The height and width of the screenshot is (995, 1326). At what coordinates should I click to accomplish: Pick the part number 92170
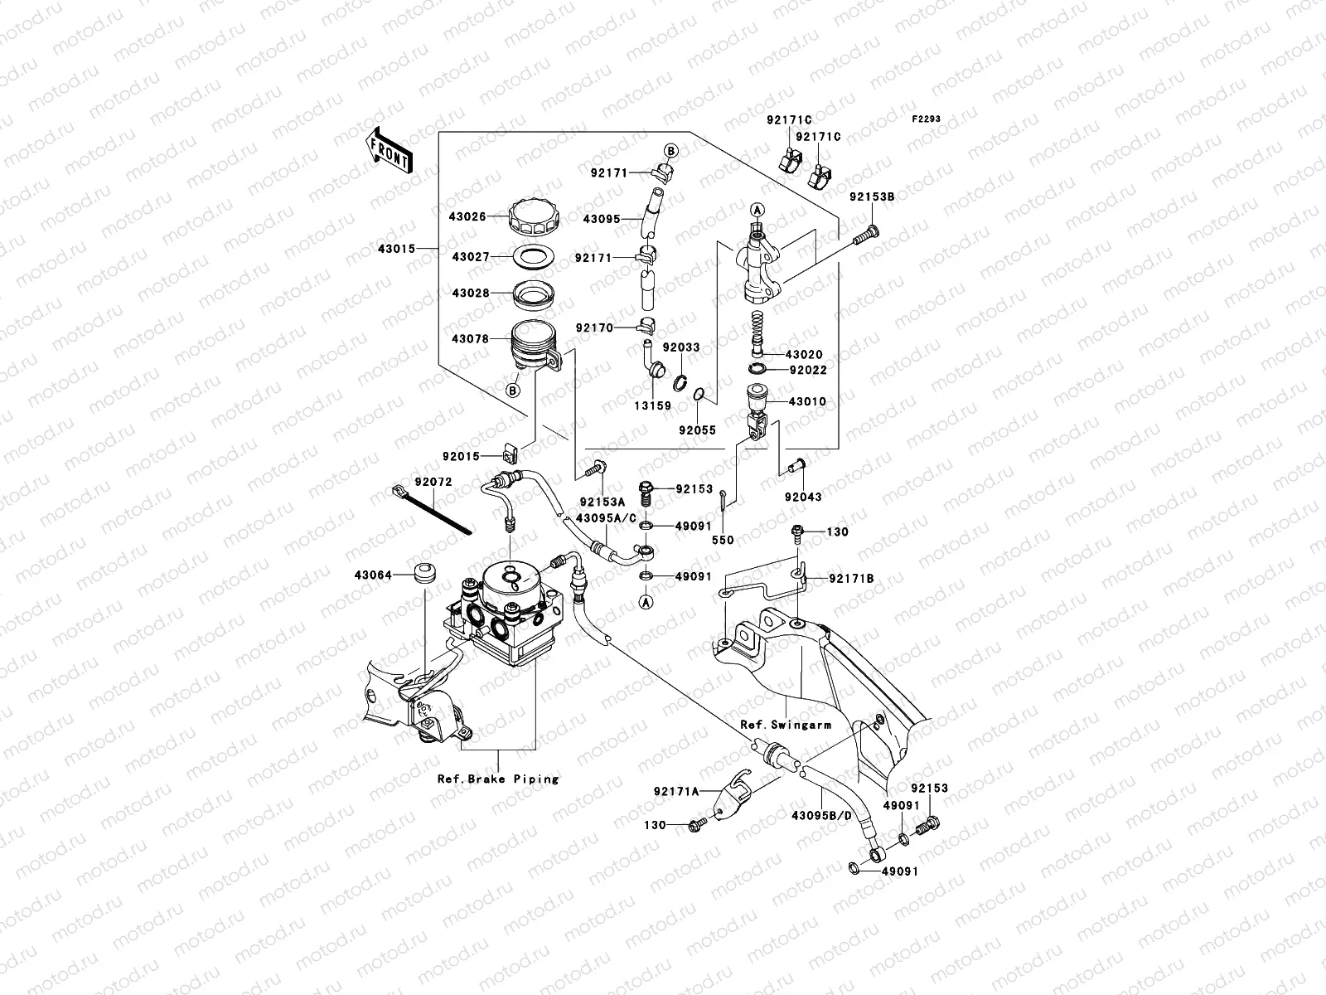point(593,328)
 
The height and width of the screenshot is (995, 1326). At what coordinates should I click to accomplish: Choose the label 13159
point(654,406)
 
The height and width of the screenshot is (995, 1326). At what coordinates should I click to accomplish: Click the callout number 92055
point(697,430)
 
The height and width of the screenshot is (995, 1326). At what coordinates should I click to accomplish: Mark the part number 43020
point(806,355)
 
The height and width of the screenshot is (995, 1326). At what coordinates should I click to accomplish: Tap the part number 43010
point(807,401)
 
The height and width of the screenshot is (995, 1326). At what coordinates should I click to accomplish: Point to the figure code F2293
point(927,119)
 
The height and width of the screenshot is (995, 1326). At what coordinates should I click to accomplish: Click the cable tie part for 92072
point(431,512)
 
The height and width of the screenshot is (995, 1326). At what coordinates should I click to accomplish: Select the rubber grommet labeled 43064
point(424,575)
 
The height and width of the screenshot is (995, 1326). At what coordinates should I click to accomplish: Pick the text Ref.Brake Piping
point(498,779)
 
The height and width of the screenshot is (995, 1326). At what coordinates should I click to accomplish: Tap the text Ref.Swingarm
point(786,724)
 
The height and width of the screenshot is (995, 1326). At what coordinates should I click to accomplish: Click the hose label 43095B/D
point(821,815)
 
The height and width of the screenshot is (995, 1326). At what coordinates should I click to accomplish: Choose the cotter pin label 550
point(723,540)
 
